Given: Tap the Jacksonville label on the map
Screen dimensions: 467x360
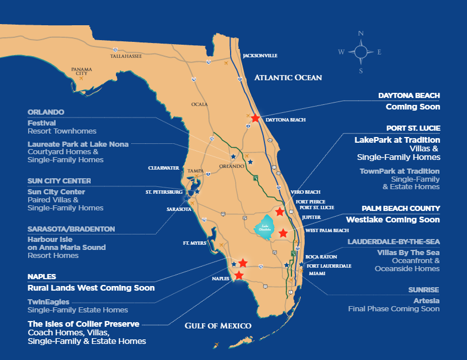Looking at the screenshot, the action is point(260,56).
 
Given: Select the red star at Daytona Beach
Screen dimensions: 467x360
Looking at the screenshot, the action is point(255,118).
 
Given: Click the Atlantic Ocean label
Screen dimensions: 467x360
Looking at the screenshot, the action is point(288,77).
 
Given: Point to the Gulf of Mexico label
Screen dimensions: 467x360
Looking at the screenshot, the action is point(218,326).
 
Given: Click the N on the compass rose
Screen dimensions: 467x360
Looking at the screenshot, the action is point(361,34).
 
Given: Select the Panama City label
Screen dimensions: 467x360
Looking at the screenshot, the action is point(81,71).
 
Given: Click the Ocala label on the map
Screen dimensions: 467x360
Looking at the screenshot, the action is point(200,104).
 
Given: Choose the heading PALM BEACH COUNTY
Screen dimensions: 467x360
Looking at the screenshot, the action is point(400,208).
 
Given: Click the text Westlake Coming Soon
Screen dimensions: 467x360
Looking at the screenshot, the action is point(392,220).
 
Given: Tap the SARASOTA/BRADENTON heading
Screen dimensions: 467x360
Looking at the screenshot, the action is point(71,229).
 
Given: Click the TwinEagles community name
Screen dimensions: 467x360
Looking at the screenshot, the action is point(48,302).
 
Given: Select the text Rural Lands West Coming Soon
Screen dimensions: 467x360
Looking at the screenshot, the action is point(91,288).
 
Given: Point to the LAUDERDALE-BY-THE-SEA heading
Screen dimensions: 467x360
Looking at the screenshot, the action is point(394,242).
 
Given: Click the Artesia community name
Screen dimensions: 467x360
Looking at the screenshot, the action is point(427,300).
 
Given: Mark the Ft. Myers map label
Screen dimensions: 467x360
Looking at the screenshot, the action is point(194,243).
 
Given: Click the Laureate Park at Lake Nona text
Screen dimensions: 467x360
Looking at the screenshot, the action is point(78,144).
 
